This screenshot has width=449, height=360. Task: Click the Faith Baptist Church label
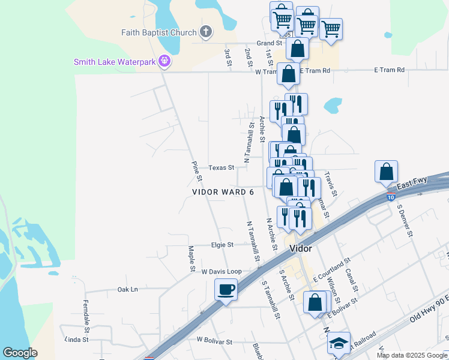click(x=159, y=32)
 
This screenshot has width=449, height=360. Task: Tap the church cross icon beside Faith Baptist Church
click(x=206, y=32)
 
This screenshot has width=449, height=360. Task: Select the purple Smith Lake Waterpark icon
click(x=165, y=61)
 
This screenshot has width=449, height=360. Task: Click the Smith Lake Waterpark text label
click(x=115, y=61)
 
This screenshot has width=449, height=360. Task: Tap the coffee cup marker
click(x=226, y=290)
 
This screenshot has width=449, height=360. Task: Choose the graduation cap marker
click(x=339, y=343)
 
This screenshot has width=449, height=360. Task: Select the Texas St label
click(x=221, y=167)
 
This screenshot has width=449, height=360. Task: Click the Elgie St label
click(x=221, y=244)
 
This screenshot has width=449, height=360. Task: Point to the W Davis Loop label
click(x=221, y=272)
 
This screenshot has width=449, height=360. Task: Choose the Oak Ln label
click(x=128, y=289)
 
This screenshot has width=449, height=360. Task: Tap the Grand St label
click(x=270, y=43)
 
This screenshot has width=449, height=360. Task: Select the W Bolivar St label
click(x=214, y=341)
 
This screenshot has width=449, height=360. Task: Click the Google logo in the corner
click(x=20, y=353)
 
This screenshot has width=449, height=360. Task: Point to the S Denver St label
click(x=404, y=220)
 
